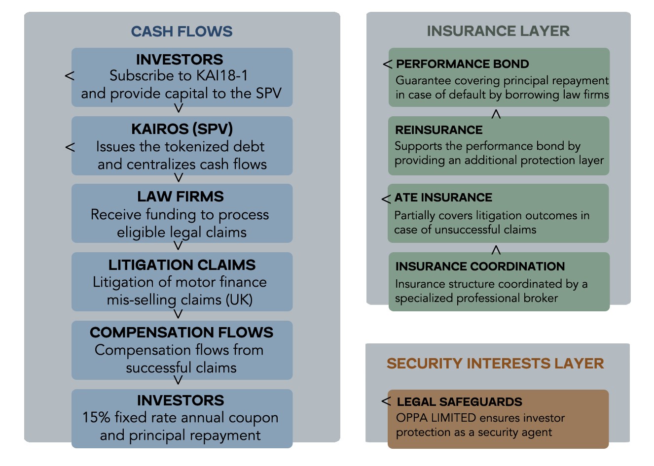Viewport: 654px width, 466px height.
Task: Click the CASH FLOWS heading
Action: [182, 32]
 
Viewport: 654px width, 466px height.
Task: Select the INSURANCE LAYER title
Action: [498, 31]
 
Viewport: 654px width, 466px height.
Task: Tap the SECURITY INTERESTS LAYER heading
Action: [495, 364]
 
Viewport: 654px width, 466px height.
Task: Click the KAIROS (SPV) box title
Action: [182, 129]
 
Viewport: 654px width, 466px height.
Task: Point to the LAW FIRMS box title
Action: [181, 197]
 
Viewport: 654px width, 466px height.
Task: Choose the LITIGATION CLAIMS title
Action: [182, 265]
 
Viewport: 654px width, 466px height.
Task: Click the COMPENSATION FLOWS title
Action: [182, 333]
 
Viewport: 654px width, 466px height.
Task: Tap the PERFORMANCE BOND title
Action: [463, 64]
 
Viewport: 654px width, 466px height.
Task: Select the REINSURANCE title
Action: [439, 130]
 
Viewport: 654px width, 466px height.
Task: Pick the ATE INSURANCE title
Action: [443, 198]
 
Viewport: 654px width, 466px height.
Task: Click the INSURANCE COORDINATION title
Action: [480, 266]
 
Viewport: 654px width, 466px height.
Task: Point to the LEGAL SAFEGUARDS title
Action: [459, 402]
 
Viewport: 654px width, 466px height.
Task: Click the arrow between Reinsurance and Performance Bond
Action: [496, 114]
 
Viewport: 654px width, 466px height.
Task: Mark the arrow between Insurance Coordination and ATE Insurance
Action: [496, 250]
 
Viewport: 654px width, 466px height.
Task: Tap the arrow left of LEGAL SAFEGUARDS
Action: [386, 401]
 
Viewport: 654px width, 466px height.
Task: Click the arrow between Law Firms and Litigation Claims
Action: [179, 245]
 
